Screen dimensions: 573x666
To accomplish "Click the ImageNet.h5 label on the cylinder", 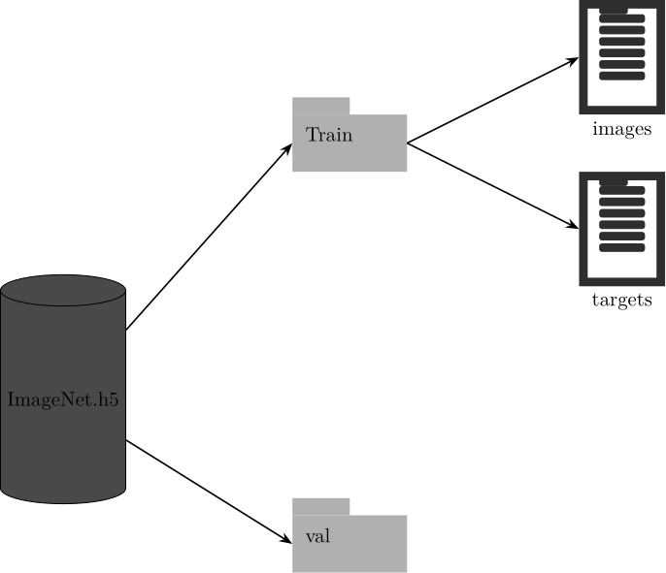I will (63, 399).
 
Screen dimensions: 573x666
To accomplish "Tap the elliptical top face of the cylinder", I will (63, 290).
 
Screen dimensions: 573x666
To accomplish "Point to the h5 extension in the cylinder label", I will (108, 399).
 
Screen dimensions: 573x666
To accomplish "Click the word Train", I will (329, 135).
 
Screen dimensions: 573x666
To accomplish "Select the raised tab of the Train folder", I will (321, 106).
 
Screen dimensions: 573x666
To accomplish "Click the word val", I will (317, 536).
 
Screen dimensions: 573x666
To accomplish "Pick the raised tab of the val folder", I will (321, 506).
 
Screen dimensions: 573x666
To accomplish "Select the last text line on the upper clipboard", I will (622, 76).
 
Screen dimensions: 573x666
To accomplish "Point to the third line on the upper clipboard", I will (622, 42).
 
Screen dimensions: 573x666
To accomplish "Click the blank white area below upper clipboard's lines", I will (622, 92).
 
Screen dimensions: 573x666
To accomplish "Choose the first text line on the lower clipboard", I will (622, 191).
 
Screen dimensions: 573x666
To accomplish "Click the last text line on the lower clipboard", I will (622, 248).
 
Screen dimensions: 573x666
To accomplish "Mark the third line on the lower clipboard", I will (622, 213).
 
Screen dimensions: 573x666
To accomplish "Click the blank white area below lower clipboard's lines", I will (622, 264).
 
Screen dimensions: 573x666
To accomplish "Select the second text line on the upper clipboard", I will (622, 30).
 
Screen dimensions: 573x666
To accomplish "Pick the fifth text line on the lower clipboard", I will (622, 237).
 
